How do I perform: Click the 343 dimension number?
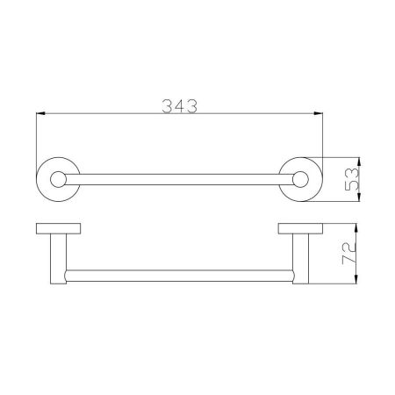[x=178, y=106]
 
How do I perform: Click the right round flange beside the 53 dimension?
[x=301, y=180]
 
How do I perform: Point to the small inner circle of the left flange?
[x=60, y=180]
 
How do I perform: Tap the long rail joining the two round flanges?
[x=179, y=180]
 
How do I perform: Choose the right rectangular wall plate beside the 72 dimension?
[x=301, y=230]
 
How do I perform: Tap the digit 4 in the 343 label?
[x=178, y=106]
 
